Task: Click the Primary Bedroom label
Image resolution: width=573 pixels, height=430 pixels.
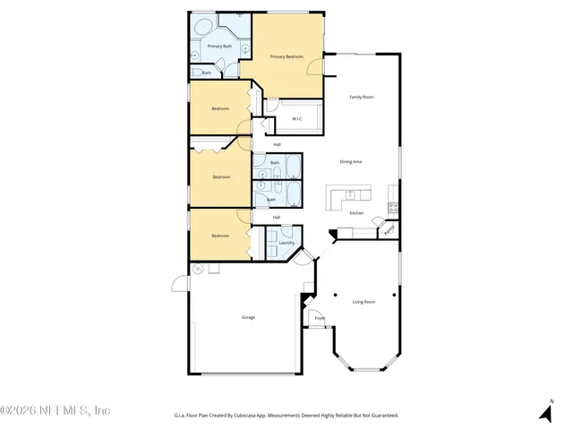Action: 286,56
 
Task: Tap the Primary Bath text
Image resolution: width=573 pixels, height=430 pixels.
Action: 218,46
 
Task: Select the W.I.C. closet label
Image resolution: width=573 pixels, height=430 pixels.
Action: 296,117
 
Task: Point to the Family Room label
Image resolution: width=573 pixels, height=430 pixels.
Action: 361,97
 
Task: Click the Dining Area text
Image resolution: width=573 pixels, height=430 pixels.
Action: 350,161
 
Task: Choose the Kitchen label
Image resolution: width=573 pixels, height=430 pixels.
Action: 355,213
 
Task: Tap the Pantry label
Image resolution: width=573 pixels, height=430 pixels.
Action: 389,230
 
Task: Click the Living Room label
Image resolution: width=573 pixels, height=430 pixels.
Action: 363,302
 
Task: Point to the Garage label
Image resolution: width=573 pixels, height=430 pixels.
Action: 247,318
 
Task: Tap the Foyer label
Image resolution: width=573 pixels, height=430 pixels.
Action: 319,318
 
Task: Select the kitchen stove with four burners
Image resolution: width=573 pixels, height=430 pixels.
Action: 392,208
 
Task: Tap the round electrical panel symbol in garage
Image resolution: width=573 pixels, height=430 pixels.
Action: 199,270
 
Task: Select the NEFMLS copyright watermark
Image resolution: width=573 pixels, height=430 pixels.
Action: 56,410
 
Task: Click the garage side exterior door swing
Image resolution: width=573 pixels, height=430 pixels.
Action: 181,286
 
